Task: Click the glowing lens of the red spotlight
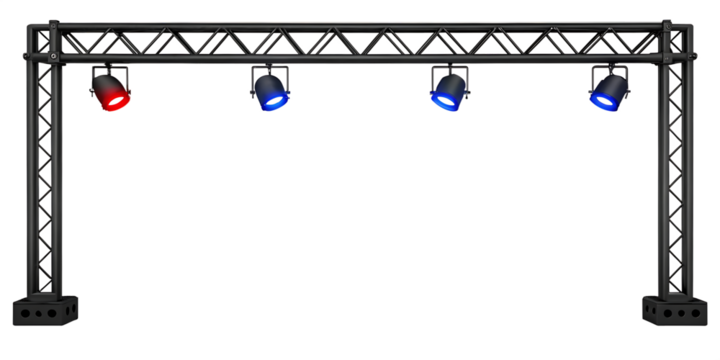(x=113, y=101)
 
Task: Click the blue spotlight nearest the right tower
(x=607, y=89)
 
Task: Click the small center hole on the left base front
(x=39, y=313)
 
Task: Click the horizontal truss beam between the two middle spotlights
(x=360, y=42)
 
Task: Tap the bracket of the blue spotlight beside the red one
(x=270, y=69)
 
